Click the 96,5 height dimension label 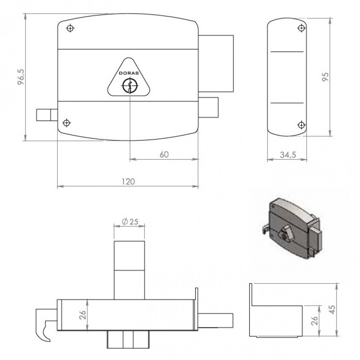21,77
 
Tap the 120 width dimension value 128,182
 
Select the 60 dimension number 164,155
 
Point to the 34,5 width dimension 288,155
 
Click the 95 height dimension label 326,77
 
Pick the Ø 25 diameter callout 130,222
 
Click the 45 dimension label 332,310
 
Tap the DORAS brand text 129,73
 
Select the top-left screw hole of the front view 70,28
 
